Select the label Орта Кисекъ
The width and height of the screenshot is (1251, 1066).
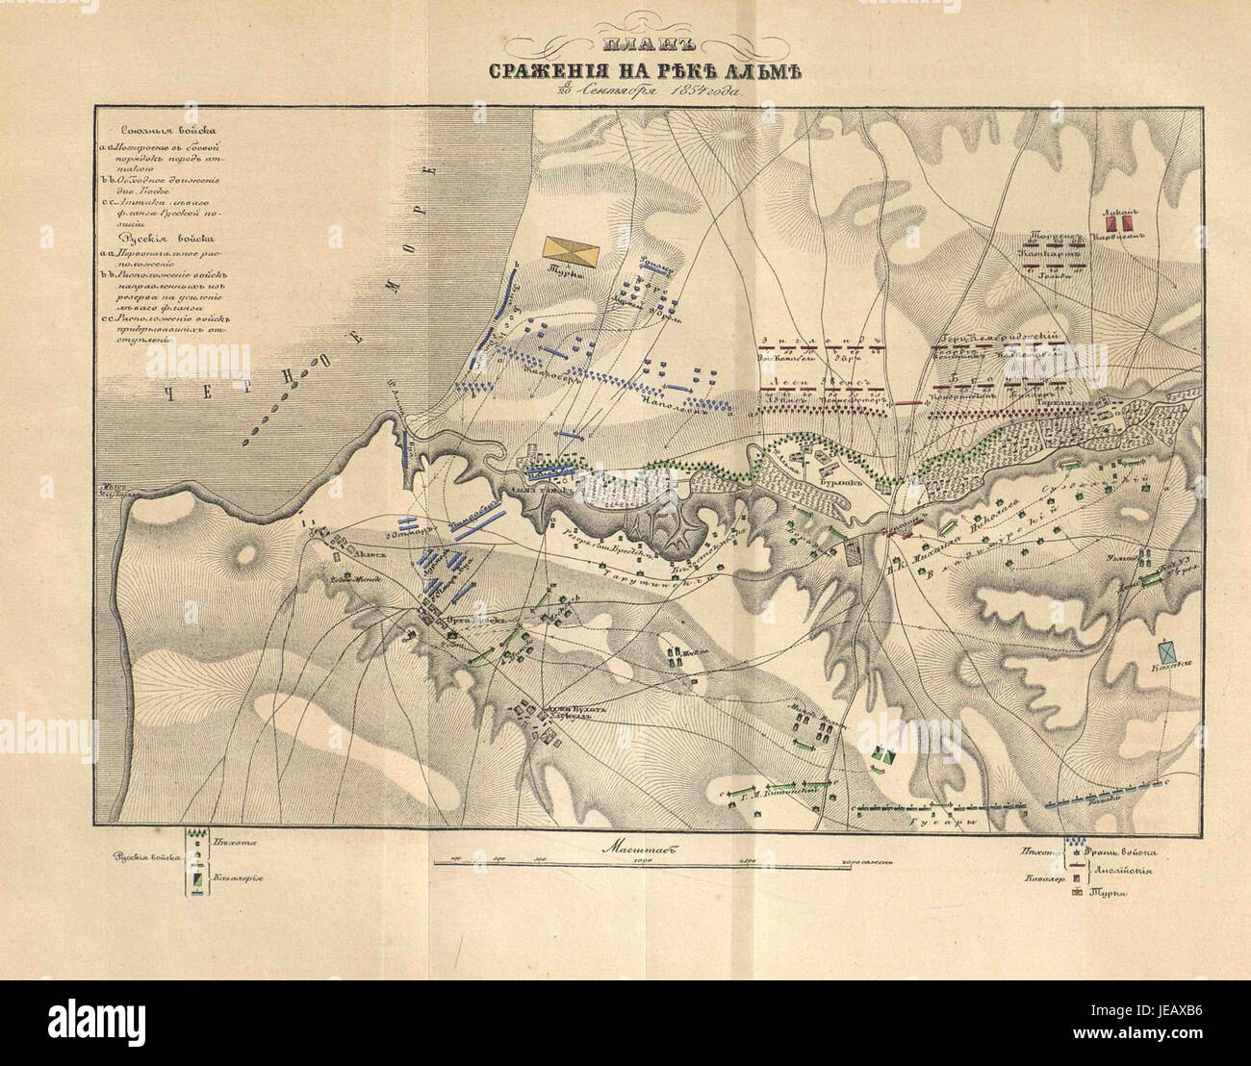click(x=470, y=620)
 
